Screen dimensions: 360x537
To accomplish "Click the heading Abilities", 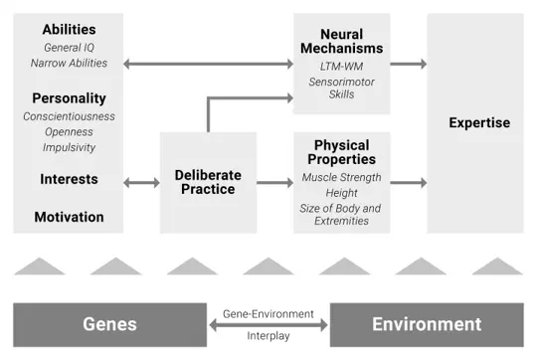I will point(69,30).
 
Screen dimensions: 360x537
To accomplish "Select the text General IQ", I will point(69,47).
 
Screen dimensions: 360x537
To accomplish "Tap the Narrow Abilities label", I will point(69,63).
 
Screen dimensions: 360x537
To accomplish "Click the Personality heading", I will point(69,98).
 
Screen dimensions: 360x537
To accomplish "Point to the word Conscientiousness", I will point(69,116).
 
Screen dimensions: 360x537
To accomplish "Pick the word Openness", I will point(69,131).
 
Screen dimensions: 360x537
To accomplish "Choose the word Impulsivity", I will point(69,147).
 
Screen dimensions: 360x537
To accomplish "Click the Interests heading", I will point(69,179).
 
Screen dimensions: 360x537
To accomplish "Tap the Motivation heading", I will point(69,217).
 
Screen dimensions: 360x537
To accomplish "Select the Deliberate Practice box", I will point(208,182).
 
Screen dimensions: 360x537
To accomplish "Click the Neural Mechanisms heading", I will point(341,41).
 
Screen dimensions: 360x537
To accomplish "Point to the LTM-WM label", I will point(341,66).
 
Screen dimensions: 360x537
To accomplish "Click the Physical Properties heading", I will point(341,152).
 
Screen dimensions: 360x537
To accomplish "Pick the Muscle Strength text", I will point(341,178).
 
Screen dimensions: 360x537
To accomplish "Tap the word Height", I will point(341,193).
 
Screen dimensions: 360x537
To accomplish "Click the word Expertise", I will point(478,123).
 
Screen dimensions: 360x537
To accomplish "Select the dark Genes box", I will point(109,324).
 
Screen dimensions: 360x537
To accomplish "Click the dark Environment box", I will point(426,324).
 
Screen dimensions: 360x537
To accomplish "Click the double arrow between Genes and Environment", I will point(268,324).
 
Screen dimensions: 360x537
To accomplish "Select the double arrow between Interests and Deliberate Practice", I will point(141,183).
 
